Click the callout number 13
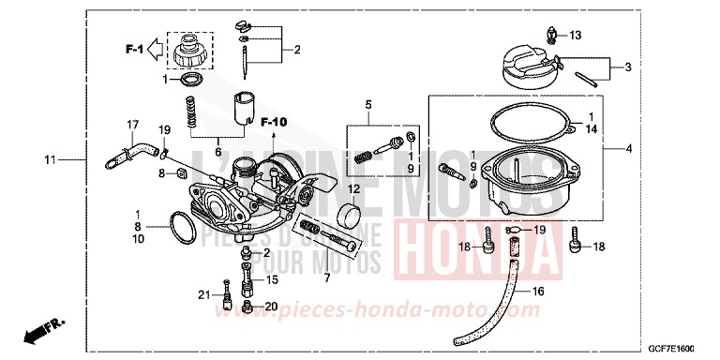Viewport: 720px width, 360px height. (575, 36)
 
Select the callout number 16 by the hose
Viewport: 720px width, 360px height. (537, 292)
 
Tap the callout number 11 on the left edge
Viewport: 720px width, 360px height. (50, 160)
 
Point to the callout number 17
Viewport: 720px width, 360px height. (133, 125)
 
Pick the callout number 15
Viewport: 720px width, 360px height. (272, 278)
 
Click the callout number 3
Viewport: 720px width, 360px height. (628, 67)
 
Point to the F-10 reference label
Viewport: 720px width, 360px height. (274, 121)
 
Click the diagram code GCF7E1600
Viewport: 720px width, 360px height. (675, 349)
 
